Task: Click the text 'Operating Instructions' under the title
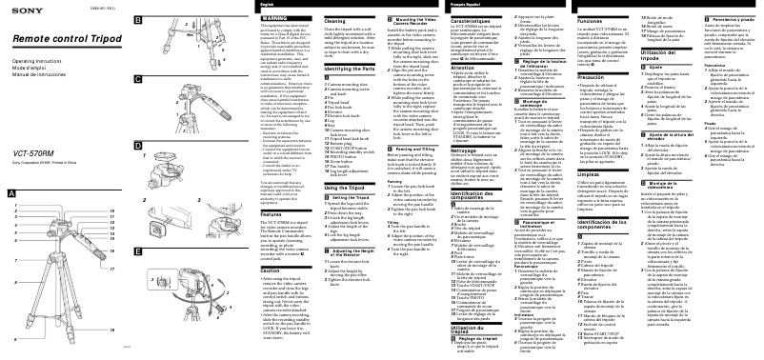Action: point(34,61)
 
